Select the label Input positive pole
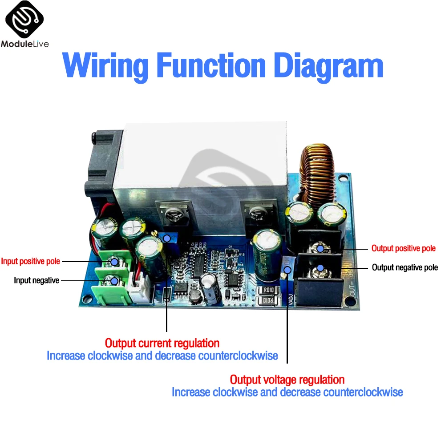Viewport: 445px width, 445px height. pyautogui.click(x=30, y=261)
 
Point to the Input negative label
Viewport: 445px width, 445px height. pyautogui.click(x=36, y=280)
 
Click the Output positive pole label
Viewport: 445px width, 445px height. pyautogui.click(x=404, y=248)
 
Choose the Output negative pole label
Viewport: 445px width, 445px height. pyautogui.click(x=405, y=267)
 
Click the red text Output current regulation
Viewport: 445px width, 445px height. pyautogui.click(x=162, y=343)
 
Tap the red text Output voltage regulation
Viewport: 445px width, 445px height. pyautogui.click(x=287, y=380)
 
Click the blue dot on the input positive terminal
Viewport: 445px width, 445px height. pyautogui.click(x=115, y=262)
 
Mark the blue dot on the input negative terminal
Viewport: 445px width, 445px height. pyautogui.click(x=115, y=281)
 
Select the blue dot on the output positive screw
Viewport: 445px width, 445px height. pyautogui.click(x=320, y=248)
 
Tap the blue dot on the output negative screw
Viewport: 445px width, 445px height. pyautogui.click(x=320, y=268)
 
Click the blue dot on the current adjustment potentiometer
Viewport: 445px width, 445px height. pyautogui.click(x=166, y=239)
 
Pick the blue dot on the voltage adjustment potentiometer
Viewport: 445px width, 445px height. pyautogui.click(x=287, y=270)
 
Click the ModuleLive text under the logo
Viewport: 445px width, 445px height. pyautogui.click(x=25, y=44)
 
